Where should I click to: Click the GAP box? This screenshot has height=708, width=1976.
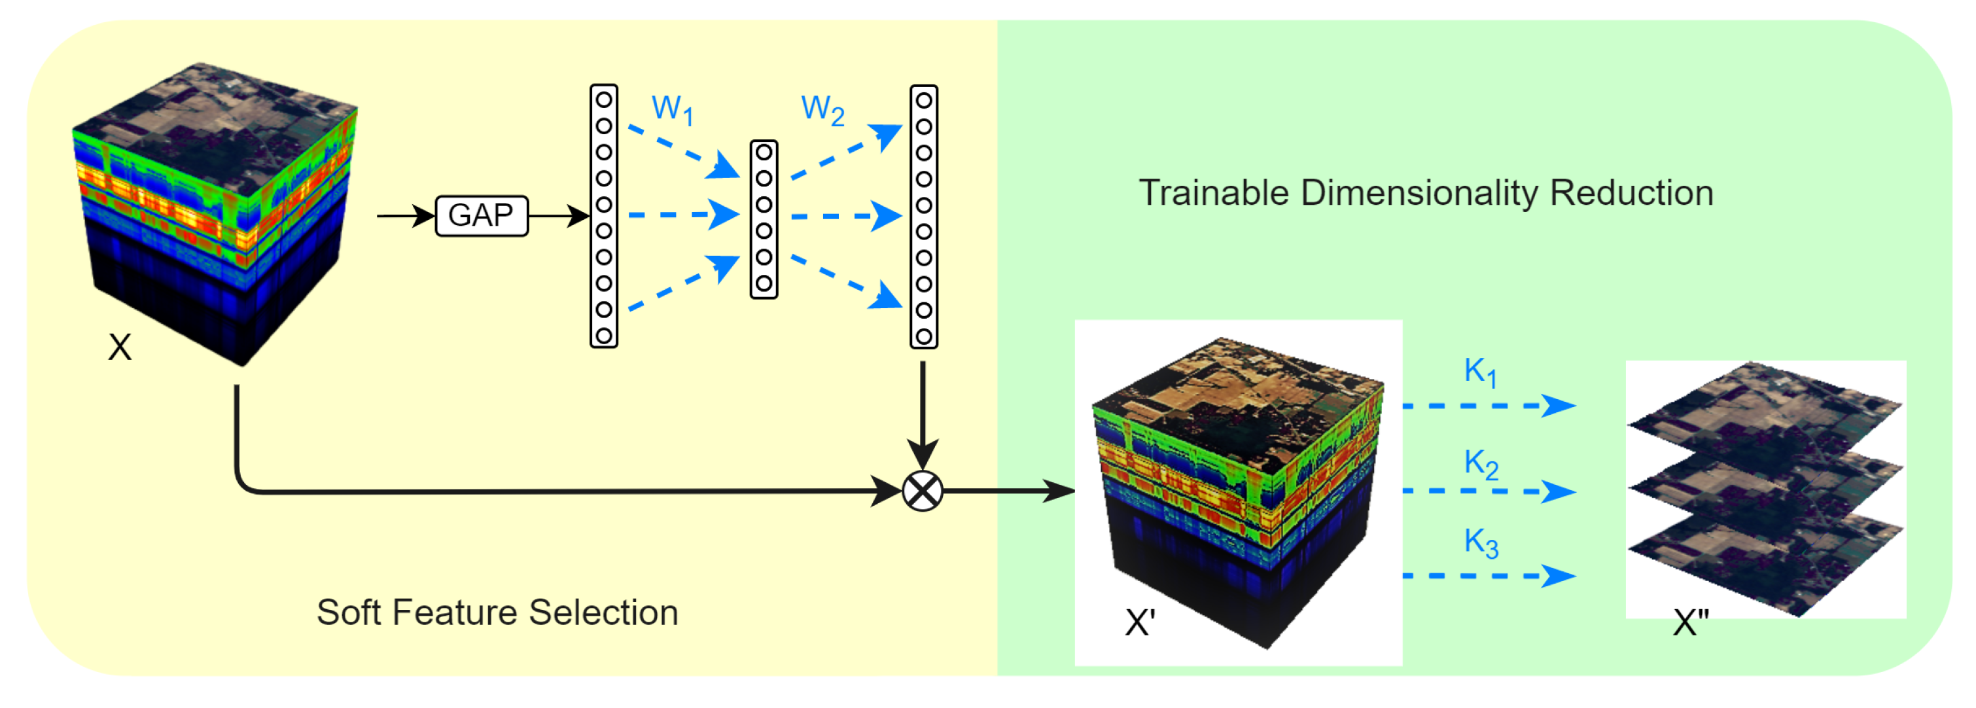coord(482,215)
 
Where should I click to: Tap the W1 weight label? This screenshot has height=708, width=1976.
coord(672,110)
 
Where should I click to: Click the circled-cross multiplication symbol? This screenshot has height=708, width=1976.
coord(922,491)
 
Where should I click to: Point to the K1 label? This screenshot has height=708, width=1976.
coord(1479,372)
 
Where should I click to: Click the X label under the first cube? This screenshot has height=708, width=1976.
coord(120,347)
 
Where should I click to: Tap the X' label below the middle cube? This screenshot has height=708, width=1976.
coord(1140,623)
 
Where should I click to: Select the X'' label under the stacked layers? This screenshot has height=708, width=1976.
coord(1691,623)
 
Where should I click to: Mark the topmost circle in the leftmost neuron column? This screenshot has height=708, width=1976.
coord(604,99)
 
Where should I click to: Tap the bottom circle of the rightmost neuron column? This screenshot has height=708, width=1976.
coord(924,336)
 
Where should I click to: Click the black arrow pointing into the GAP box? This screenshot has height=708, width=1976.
coord(406,215)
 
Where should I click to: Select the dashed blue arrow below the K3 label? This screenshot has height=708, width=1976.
coord(1488,575)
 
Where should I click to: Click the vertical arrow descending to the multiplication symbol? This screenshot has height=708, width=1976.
coord(922,414)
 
